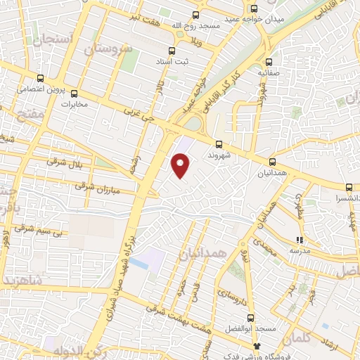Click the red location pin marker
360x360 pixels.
tap(181, 165)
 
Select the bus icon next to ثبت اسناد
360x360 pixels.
tap(172, 51)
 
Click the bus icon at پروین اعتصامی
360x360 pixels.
tap(39, 79)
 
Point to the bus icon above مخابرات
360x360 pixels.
tap(74, 94)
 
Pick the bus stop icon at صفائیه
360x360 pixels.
tap(269, 60)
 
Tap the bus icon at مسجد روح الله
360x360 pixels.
tap(195, 15)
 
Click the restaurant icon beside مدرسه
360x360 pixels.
tap(300, 240)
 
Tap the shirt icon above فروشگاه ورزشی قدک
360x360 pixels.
tap(257, 346)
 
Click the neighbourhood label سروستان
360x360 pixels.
tap(108, 50)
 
